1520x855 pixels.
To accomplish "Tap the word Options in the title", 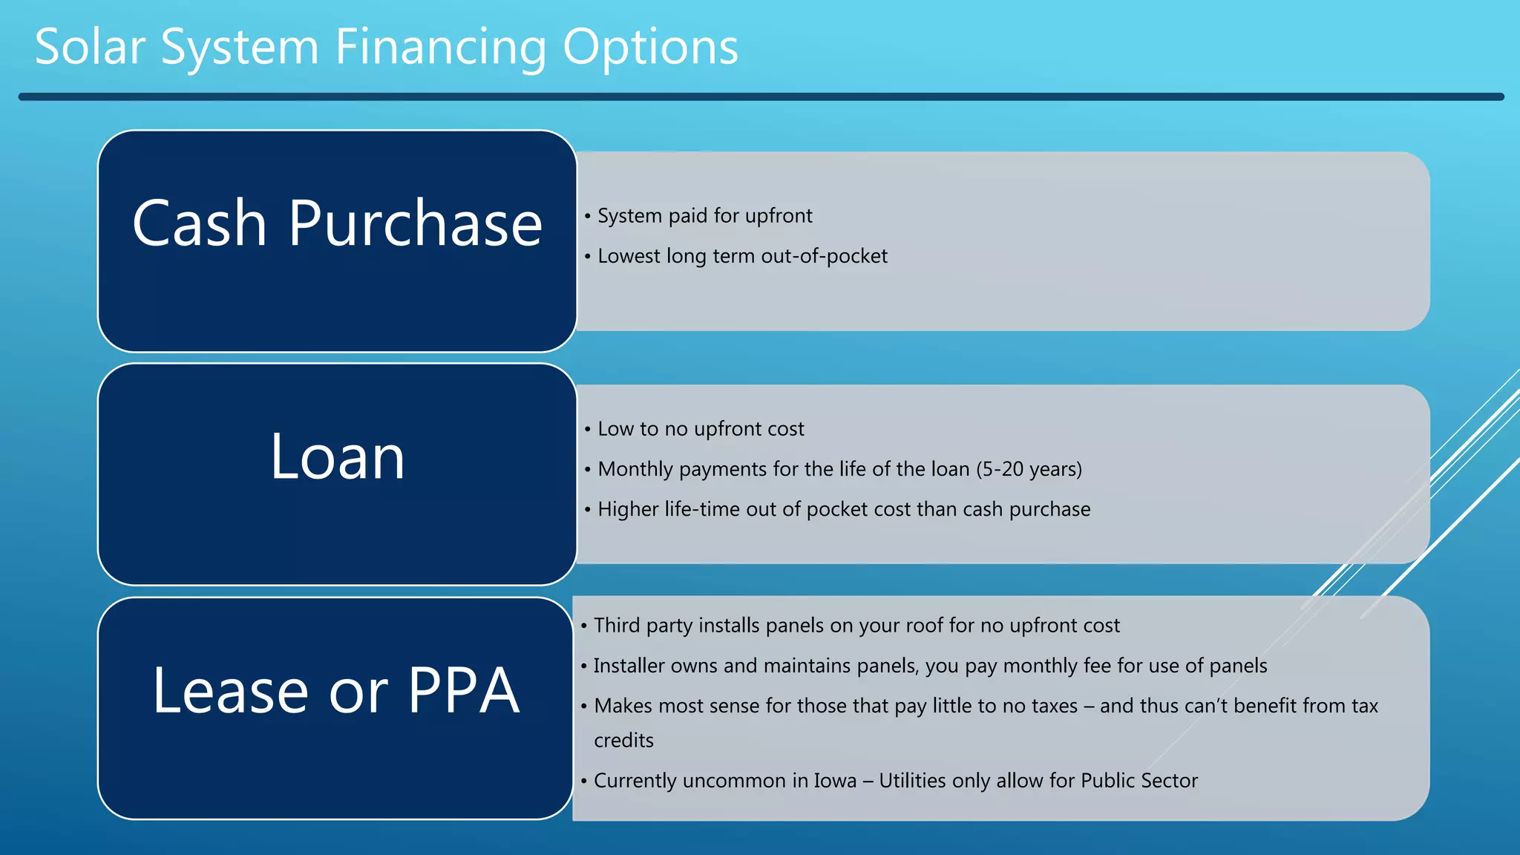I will [x=650, y=47].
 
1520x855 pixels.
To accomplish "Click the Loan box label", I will [x=337, y=457].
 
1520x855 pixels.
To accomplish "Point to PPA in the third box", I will [x=463, y=691].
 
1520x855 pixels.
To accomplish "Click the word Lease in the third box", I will [x=230, y=691].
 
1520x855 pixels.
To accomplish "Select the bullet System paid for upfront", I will [x=704, y=216].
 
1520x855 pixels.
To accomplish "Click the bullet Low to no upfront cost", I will [x=700, y=429].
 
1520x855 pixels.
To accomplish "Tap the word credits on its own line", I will [x=623, y=741].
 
